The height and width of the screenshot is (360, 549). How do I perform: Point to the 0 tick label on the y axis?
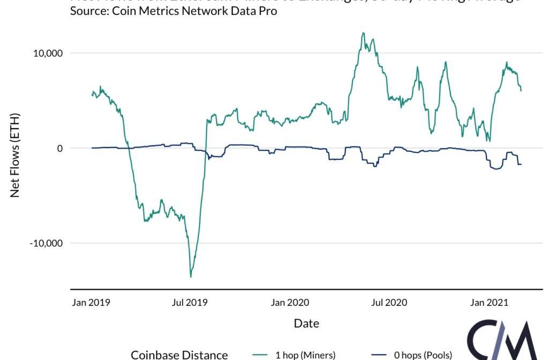[60, 148]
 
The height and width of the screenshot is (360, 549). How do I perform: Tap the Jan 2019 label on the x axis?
[91, 303]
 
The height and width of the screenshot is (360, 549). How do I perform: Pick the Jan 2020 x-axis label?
[290, 303]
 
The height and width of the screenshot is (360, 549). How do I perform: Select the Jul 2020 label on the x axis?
[389, 303]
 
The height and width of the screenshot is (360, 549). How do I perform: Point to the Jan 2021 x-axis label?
[488, 303]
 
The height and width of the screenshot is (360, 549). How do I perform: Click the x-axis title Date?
[307, 323]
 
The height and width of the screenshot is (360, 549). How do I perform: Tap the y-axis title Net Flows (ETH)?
[15, 155]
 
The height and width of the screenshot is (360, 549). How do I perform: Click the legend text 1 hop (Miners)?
[306, 355]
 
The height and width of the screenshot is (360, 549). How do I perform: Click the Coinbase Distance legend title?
[180, 355]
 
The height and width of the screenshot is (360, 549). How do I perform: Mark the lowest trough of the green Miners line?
[191, 277]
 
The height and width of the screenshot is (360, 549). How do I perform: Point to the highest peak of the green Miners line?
[363, 33]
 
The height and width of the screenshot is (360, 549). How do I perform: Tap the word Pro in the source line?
[268, 11]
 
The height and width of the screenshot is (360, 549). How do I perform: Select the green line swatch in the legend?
[261, 355]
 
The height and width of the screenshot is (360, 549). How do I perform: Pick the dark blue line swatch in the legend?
[379, 355]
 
